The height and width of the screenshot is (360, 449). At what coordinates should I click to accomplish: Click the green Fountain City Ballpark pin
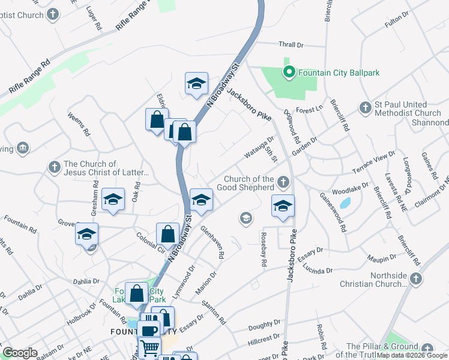coord(289,73)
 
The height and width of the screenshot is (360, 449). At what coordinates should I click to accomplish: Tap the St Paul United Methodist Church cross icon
coord(365,108)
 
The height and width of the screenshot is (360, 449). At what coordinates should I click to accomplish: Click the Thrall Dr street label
coord(292,44)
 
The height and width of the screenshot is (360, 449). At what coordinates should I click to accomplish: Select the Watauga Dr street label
coord(259,149)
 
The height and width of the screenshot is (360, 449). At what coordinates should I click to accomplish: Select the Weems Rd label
coord(79,124)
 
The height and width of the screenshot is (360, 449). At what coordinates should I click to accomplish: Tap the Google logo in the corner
coord(20,353)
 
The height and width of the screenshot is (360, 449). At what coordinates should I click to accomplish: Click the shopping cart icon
coord(149,346)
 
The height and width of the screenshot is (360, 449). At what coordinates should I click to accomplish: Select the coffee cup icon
coord(148,329)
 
